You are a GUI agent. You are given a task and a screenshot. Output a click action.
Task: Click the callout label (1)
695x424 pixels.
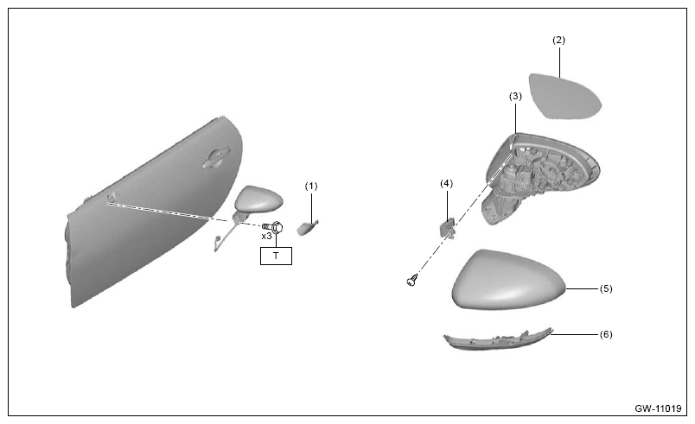[x=311, y=187]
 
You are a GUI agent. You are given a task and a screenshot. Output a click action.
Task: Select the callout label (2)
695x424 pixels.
[x=558, y=40]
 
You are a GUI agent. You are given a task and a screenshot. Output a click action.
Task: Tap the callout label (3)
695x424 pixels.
[x=515, y=96]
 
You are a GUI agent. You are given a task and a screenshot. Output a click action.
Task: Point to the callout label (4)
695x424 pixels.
[x=446, y=183]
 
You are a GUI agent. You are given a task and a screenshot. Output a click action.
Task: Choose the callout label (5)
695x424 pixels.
[x=606, y=288]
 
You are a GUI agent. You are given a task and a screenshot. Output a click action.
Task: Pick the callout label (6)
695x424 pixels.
[x=606, y=334]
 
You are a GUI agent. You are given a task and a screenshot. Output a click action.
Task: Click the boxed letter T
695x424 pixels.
[x=276, y=256]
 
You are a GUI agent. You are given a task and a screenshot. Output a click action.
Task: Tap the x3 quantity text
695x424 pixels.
[x=266, y=237]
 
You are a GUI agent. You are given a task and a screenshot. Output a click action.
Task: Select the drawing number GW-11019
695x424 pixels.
[x=658, y=408]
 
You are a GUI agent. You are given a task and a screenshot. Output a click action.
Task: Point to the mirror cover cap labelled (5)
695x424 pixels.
[x=508, y=280]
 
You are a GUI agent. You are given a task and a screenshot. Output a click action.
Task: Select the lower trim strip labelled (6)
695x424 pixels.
[x=498, y=339]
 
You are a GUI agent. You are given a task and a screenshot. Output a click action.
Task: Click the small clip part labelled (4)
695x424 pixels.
[x=447, y=229]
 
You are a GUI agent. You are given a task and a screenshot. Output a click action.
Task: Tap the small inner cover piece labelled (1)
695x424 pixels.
[x=308, y=228]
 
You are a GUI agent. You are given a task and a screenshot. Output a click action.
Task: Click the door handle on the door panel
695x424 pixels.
[x=215, y=158]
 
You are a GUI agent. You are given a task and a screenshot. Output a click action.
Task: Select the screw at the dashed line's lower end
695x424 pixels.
[x=412, y=280]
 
